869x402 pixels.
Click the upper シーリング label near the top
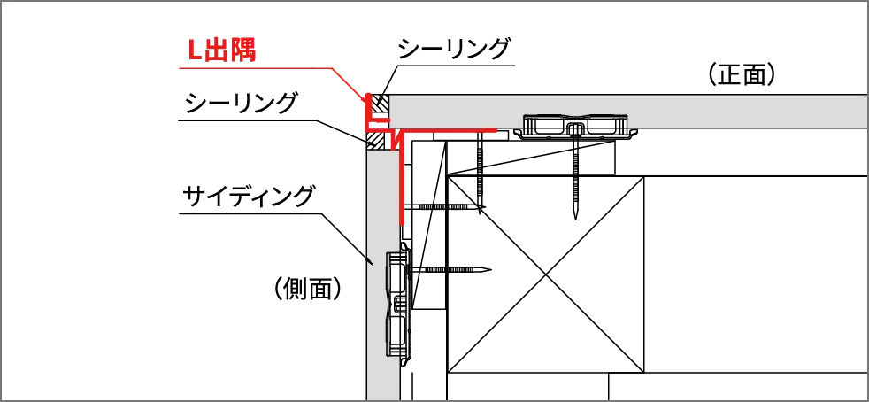pyautogui.click(x=453, y=49)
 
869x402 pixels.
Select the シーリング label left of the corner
pyautogui.click(x=241, y=103)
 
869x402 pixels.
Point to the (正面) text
pyautogui.click(x=741, y=75)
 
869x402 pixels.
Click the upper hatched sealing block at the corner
pyautogui.click(x=380, y=102)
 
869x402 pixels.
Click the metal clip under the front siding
pyautogui.click(x=575, y=127)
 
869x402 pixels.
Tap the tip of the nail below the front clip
pyautogui.click(x=575, y=219)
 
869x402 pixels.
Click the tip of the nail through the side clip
pyautogui.click(x=490, y=270)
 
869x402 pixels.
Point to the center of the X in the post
pyautogui.click(x=545, y=274)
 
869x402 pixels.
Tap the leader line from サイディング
pyautogui.click(x=277, y=213)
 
